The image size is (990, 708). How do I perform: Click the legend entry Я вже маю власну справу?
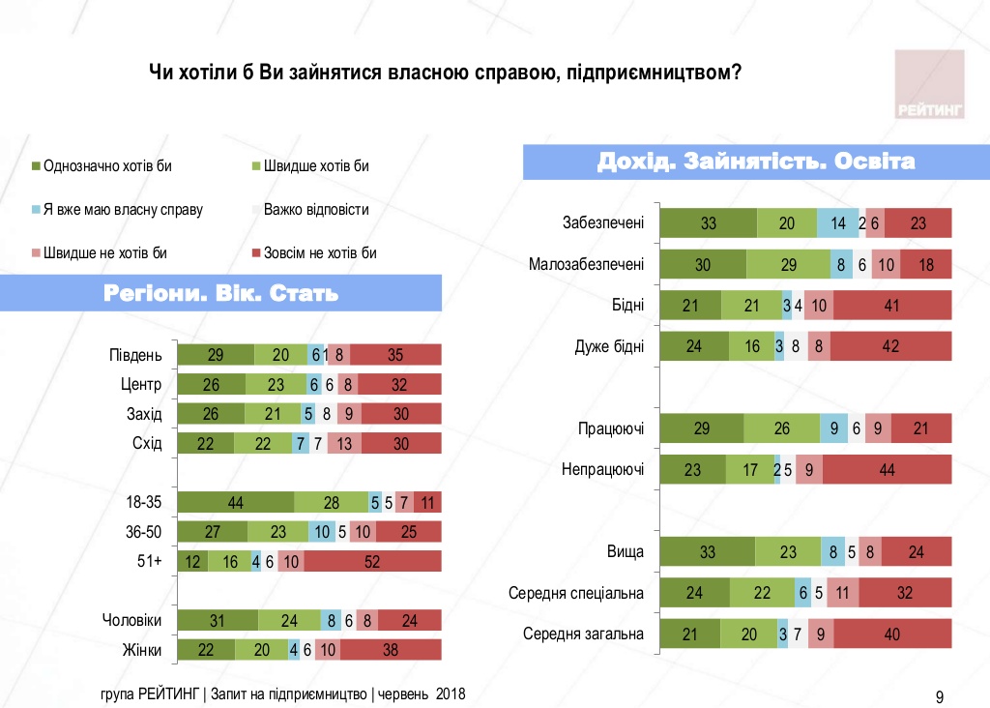click(117, 210)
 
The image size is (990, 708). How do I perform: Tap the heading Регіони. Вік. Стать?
click(221, 293)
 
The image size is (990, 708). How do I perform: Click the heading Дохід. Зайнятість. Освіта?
click(756, 162)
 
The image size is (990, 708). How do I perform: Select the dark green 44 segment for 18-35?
click(237, 502)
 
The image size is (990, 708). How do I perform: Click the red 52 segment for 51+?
click(372, 561)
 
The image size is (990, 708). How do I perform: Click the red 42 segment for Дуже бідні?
click(890, 345)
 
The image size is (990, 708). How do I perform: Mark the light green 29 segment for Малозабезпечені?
click(788, 264)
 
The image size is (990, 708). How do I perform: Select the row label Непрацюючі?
click(602, 470)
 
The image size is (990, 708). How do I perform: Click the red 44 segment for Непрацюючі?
click(888, 470)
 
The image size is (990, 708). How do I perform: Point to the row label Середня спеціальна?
click(576, 593)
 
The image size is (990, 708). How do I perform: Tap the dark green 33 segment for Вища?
click(708, 551)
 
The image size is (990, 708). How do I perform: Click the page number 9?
click(940, 695)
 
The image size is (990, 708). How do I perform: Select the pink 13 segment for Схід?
click(343, 443)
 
